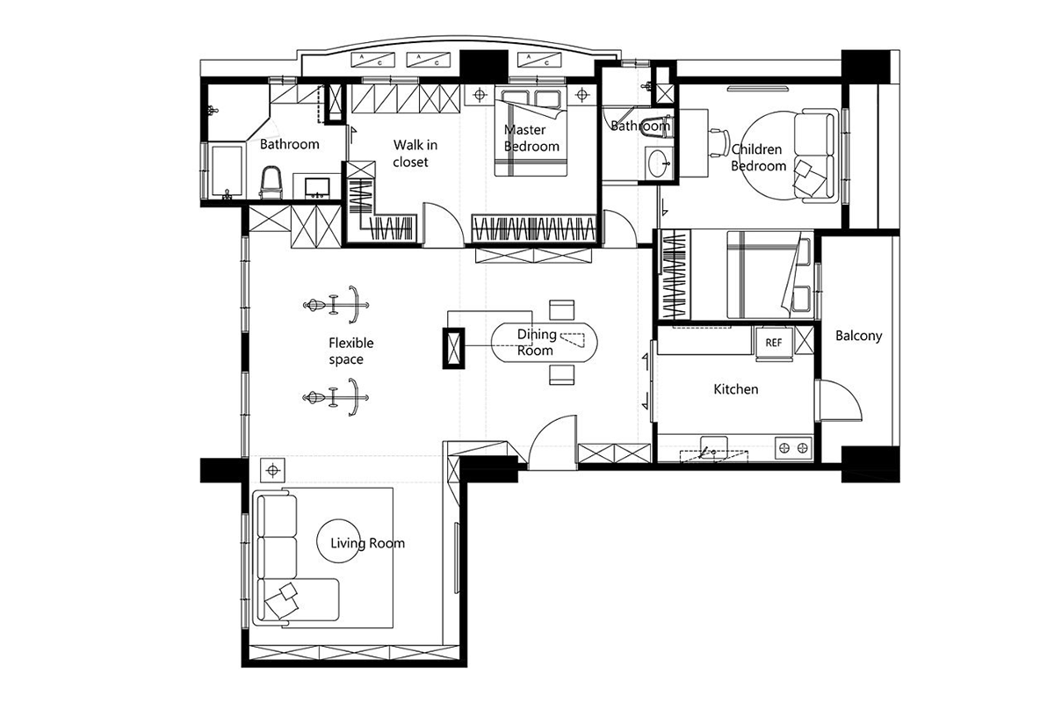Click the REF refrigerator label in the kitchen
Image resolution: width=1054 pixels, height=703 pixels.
pos(774,343)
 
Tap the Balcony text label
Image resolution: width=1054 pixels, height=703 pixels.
pos(858,337)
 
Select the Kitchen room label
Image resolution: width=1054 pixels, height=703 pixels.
pos(736,389)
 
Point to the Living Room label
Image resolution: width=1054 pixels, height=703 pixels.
pos(367,543)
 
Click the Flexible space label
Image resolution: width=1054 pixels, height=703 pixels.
pos(351,351)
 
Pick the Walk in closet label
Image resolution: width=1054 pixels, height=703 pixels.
pos(415,154)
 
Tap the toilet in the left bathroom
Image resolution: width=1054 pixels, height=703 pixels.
pos(271,182)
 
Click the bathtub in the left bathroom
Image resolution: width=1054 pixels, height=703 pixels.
pos(227,171)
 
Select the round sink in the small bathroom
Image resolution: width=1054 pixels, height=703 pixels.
pos(658,163)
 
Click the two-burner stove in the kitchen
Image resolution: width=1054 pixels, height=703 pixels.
pos(793,448)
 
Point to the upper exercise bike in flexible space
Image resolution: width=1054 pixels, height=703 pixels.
pos(336,305)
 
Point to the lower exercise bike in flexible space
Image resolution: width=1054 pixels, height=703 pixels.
pos(336,397)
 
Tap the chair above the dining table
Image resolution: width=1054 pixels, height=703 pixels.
pos(562,310)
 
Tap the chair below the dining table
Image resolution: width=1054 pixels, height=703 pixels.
pos(562,375)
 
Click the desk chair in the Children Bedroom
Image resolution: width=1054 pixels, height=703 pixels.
pos(718,141)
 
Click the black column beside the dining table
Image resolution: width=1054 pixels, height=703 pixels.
pos(453,349)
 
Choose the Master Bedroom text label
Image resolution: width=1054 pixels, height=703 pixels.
pos(531,138)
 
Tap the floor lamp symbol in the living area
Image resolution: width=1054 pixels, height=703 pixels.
pos(273,470)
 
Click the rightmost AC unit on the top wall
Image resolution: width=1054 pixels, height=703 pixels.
pos(539,60)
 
